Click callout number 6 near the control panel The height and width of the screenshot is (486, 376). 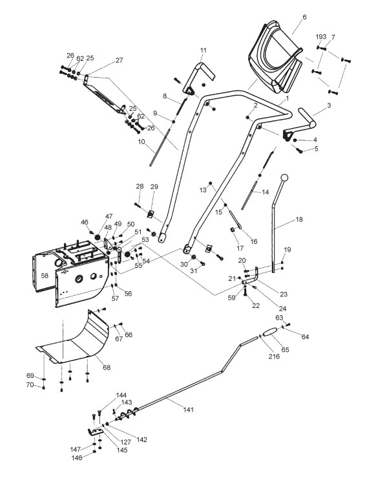click(304, 17)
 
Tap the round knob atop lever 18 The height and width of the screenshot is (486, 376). click(284, 177)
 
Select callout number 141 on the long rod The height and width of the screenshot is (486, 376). click(188, 410)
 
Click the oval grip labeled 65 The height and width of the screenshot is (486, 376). click(271, 332)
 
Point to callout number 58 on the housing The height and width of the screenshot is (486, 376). click(45, 275)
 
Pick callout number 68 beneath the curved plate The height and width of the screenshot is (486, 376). click(107, 368)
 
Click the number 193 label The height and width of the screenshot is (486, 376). click(321, 37)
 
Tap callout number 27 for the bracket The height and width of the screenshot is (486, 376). click(119, 60)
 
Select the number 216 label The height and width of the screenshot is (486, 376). click(274, 356)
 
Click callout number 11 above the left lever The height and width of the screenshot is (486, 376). click(203, 50)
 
